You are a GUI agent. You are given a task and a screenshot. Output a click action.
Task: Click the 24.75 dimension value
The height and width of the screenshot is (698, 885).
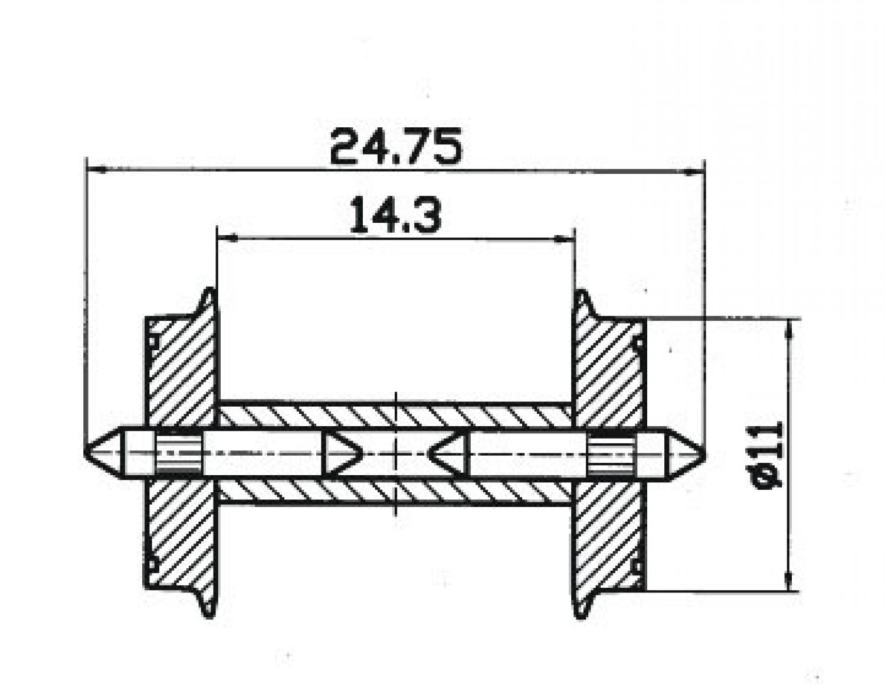pyautogui.click(x=396, y=146)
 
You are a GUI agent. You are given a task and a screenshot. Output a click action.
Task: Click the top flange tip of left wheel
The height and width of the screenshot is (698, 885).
pyautogui.click(x=209, y=290)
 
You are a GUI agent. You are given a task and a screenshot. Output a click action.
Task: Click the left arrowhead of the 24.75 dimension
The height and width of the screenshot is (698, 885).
pyautogui.click(x=97, y=169)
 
